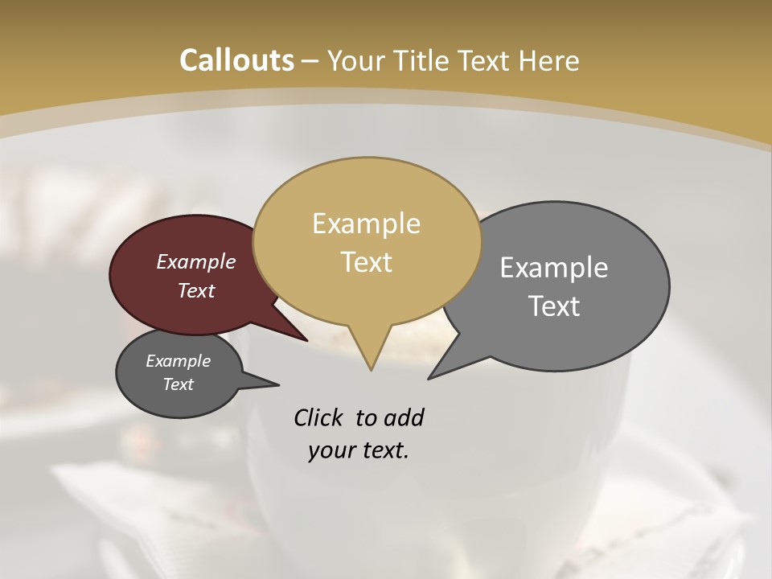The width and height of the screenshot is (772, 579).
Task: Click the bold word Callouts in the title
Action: click(x=236, y=60)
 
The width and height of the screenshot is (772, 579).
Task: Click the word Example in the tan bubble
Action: click(x=366, y=224)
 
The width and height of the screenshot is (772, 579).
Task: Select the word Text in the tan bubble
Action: click(x=366, y=262)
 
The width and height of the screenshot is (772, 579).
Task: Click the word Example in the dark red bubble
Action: click(x=195, y=261)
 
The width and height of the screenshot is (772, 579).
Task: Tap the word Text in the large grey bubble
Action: click(x=554, y=306)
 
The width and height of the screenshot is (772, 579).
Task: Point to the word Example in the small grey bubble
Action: click(x=178, y=361)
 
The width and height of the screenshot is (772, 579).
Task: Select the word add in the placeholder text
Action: click(x=403, y=417)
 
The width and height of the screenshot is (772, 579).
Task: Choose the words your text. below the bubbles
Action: click(x=358, y=450)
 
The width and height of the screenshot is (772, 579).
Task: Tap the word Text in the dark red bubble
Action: click(x=195, y=290)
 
